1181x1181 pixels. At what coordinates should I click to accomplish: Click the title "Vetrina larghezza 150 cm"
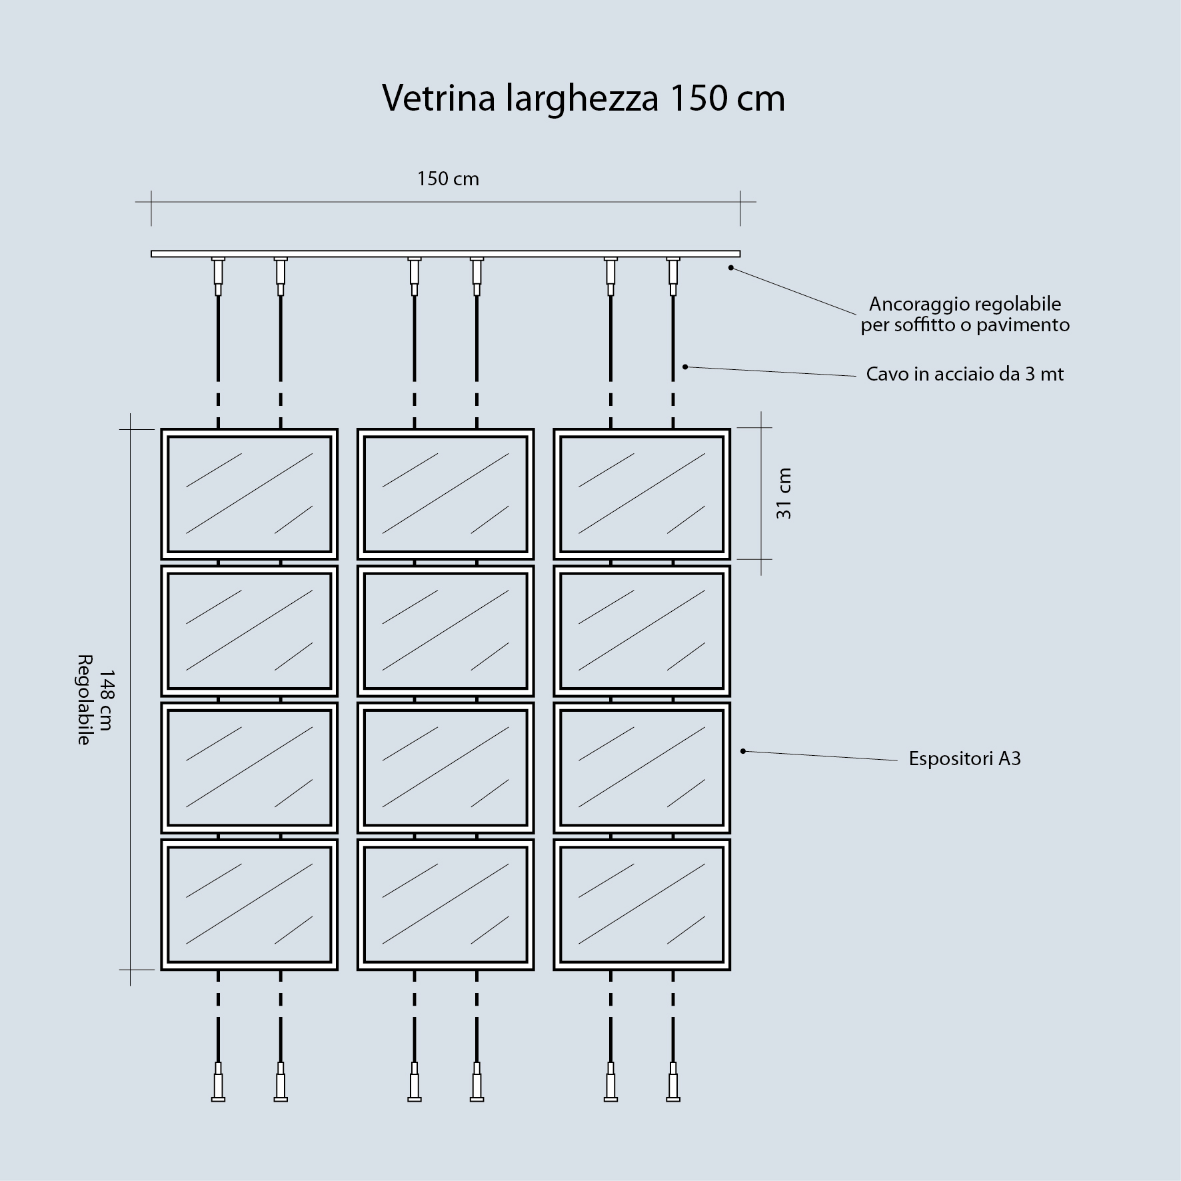(584, 99)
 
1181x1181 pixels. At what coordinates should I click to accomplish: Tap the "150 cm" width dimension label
(448, 179)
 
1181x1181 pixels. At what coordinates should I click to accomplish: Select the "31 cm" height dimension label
(784, 493)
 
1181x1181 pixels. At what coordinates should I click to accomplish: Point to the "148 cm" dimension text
(105, 700)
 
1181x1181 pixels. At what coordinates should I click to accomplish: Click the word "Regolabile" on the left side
(84, 700)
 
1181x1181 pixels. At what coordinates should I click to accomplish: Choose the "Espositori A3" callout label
(965, 758)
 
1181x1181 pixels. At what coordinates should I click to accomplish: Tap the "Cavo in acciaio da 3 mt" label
(965, 374)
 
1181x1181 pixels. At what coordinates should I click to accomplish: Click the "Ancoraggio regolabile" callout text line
(965, 304)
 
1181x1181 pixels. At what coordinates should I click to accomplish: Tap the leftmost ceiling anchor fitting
(218, 276)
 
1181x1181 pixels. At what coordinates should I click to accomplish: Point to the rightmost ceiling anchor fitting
(673, 276)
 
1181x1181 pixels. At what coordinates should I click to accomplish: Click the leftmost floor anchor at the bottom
(218, 1082)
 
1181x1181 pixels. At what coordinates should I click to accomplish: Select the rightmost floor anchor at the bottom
(673, 1082)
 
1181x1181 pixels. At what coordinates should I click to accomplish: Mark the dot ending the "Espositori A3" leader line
(743, 751)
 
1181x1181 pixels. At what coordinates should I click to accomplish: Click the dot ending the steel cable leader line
(685, 367)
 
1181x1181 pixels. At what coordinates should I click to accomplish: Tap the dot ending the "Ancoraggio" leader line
(731, 268)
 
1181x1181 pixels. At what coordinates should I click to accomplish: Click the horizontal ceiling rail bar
(446, 254)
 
